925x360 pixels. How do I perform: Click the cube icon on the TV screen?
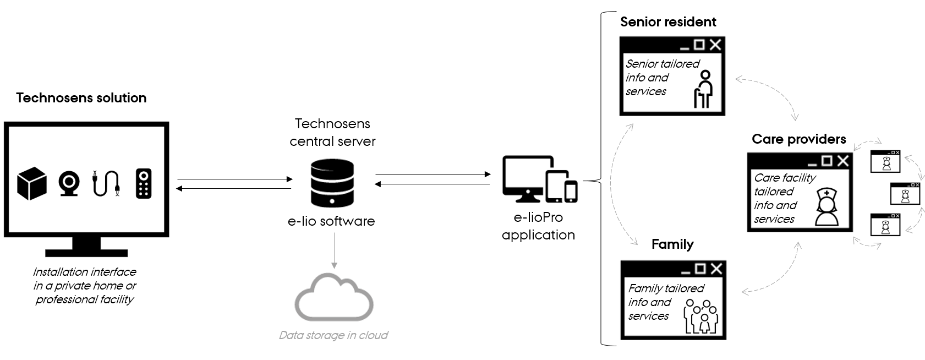click(x=32, y=183)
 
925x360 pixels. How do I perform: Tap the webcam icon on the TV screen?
click(x=69, y=184)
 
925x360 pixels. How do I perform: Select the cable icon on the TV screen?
click(x=106, y=183)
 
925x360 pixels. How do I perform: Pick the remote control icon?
click(x=143, y=183)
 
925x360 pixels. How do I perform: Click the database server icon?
click(x=332, y=182)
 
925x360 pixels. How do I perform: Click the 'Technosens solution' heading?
click(x=81, y=98)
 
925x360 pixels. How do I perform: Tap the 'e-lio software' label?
click(x=331, y=221)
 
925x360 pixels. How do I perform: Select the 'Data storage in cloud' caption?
click(x=333, y=335)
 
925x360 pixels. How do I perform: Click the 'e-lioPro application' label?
click(x=538, y=226)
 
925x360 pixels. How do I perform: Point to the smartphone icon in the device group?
click(x=571, y=191)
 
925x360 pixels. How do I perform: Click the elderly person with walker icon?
click(x=703, y=89)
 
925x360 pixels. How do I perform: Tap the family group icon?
click(x=700, y=317)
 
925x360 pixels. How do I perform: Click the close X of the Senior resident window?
click(x=715, y=45)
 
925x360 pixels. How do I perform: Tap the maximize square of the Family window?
click(x=700, y=268)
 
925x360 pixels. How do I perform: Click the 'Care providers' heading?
click(x=799, y=139)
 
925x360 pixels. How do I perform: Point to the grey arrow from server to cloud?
click(x=334, y=250)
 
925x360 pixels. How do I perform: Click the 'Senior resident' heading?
click(x=668, y=22)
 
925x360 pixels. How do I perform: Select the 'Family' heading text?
click(x=672, y=244)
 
